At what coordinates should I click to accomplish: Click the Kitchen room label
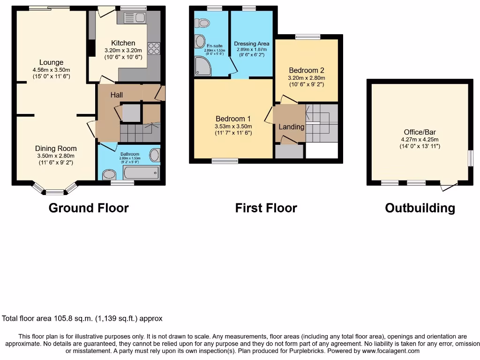pos(123,43)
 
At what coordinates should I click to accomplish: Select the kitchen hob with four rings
pos(154,48)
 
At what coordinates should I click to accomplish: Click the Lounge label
pos(51,62)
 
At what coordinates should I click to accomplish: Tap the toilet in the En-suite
pos(203,22)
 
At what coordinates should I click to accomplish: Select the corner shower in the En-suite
pos(202,67)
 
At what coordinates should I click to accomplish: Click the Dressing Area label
pos(252,44)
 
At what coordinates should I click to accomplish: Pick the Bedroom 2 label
pos(307,71)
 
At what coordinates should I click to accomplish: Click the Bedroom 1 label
pos(233,119)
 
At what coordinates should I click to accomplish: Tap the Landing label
pos(291,127)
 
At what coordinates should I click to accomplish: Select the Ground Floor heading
pos(89,208)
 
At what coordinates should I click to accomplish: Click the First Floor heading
pos(266,208)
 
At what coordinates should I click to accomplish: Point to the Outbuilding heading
pos(420,208)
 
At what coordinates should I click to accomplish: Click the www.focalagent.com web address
pos(390,351)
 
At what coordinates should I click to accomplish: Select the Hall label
pos(117,95)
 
